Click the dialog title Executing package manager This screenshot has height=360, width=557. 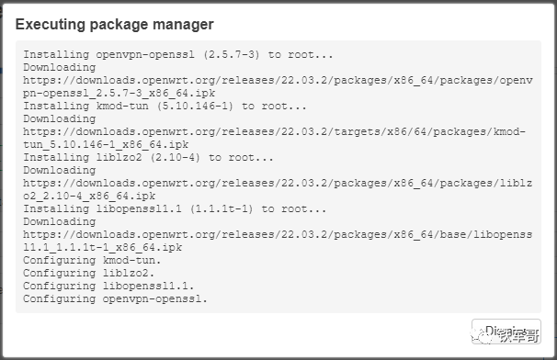click(114, 24)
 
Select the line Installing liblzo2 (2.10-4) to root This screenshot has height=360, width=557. click(148, 157)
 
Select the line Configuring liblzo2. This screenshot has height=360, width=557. click(88, 273)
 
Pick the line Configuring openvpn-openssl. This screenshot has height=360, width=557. click(116, 298)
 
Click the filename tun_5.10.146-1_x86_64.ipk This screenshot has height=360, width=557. click(106, 144)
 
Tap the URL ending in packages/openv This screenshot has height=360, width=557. click(277, 80)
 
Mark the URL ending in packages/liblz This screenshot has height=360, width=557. click(277, 183)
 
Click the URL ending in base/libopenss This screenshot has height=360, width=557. click(277, 234)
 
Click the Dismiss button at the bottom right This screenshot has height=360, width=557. click(506, 332)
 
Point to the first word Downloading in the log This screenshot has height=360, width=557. click(59, 67)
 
